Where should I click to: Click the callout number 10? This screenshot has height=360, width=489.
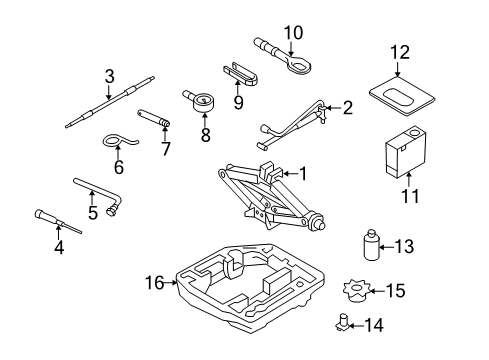293,33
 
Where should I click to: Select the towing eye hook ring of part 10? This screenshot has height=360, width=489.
299,63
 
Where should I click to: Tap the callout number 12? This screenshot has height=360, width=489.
400,52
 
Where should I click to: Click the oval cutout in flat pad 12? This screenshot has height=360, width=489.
399,96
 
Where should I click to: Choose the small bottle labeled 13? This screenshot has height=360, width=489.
371,245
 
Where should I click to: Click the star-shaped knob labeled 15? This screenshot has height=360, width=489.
356,291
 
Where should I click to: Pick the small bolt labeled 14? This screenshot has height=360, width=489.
342,322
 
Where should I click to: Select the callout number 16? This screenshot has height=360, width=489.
154,283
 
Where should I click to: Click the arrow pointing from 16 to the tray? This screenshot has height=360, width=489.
171,283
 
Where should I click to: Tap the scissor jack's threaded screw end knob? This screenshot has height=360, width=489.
318,222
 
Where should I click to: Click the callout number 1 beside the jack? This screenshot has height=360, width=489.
303,173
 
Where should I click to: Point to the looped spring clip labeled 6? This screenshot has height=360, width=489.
118,141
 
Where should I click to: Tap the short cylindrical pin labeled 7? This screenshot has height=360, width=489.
154,118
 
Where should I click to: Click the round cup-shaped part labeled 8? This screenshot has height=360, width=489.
203,103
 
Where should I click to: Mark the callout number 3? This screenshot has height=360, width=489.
109,76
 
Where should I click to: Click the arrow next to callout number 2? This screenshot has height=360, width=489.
333,108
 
